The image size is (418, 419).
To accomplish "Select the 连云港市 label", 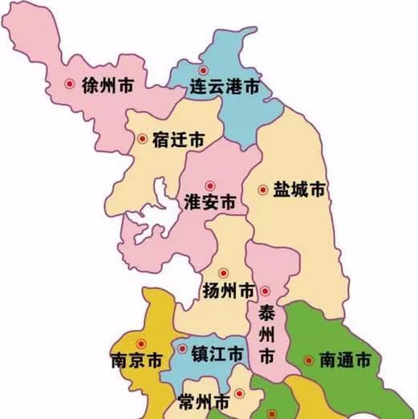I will tap(224, 84).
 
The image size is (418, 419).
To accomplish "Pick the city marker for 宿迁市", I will tap(142, 138).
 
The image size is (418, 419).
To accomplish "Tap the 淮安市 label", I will tap(210, 201).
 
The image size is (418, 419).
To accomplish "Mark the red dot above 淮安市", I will tap(210, 184).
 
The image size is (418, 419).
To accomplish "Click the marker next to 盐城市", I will tap(262, 190).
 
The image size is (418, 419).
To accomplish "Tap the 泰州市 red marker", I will tap(265, 291).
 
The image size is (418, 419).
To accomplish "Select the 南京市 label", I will tap(136, 360).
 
